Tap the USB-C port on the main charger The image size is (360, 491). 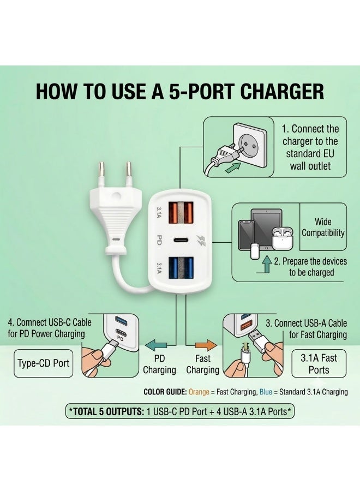click(x=179, y=240)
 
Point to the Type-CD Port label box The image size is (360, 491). click(x=44, y=363)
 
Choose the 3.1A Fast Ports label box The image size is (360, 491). click(x=319, y=363)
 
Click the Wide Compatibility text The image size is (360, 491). click(x=323, y=227)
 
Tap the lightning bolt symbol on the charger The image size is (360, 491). click(x=201, y=241)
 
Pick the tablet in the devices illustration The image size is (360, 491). click(x=267, y=229)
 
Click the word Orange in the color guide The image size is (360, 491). click(x=199, y=392)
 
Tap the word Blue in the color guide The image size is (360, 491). click(x=266, y=392)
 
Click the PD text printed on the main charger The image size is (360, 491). click(x=159, y=240)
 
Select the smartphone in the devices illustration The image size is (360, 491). click(x=247, y=235)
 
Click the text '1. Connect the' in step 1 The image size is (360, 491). click(x=310, y=129)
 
